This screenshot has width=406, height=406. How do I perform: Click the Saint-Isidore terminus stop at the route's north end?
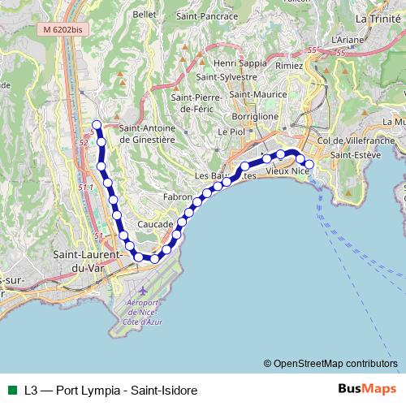pyautogui.click(x=97, y=124)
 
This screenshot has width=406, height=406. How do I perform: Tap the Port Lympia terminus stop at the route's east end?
pyautogui.click(x=309, y=164)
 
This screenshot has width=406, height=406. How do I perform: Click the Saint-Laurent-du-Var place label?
pyautogui.click(x=87, y=261)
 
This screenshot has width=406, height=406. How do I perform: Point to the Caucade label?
pyautogui.click(x=156, y=223)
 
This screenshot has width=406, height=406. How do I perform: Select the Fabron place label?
pyautogui.click(x=176, y=197)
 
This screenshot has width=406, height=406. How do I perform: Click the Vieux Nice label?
pyautogui.click(x=288, y=172)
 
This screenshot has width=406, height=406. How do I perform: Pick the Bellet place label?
pyautogui.click(x=144, y=15)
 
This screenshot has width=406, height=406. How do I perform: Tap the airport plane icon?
pyautogui.click(x=144, y=290)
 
